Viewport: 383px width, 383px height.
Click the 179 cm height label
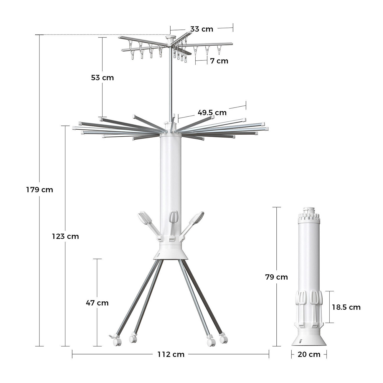click(40, 190)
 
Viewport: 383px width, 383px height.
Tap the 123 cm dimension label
click(65, 236)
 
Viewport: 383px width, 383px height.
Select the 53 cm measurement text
click(102, 77)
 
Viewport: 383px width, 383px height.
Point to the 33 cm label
click(202, 29)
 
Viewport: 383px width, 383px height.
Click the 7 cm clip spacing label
click(219, 61)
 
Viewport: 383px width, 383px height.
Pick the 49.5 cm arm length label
click(212, 113)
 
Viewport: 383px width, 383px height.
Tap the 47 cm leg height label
click(97, 303)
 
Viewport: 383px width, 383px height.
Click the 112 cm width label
click(171, 354)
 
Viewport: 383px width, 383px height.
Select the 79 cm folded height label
click(276, 277)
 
